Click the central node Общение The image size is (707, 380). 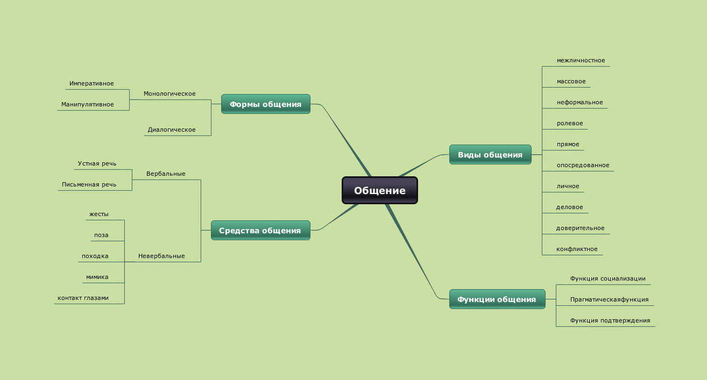point(379,191)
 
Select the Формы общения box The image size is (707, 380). point(265,104)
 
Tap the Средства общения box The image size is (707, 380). point(260,231)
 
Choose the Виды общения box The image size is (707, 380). point(490,155)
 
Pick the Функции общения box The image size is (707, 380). point(496,299)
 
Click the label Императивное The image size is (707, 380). point(91,84)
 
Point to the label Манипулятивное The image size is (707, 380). point(87,104)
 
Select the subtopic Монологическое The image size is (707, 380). point(169,94)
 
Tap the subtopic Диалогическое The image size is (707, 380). point(172,130)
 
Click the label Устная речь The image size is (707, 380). point(97,163)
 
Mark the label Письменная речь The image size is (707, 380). point(89,184)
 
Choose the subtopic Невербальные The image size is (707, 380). point(161,256)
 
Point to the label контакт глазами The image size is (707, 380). point(83,298)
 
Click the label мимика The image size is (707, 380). point(97,277)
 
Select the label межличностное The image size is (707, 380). point(581,61)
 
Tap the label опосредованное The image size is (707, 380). point(583,166)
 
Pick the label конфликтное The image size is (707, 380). point(577,249)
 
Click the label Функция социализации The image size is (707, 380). point(607,279)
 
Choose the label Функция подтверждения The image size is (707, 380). point(610,321)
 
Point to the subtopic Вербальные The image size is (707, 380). point(166,174)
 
